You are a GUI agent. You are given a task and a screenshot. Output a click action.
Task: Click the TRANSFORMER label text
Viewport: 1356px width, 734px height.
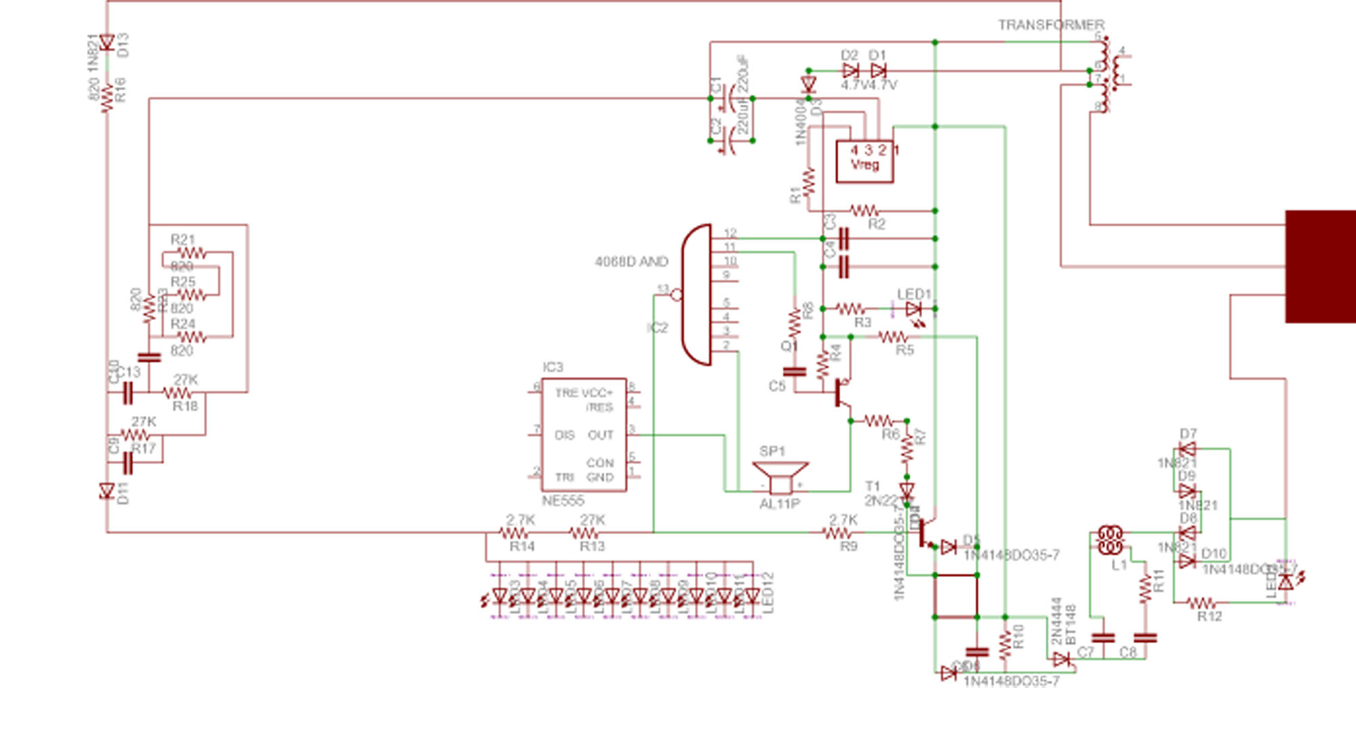(x=1050, y=25)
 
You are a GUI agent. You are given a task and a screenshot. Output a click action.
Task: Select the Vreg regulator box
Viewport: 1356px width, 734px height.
(x=864, y=161)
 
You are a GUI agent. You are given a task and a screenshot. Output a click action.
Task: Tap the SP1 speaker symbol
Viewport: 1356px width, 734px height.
(x=780, y=476)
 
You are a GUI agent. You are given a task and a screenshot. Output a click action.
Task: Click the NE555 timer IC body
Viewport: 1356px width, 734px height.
(x=583, y=434)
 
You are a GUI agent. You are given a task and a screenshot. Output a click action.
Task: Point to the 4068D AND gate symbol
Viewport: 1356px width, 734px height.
(x=697, y=295)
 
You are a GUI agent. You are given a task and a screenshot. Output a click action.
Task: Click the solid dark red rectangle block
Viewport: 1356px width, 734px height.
(x=1320, y=266)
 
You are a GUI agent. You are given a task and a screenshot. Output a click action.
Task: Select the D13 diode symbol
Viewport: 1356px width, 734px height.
(x=106, y=43)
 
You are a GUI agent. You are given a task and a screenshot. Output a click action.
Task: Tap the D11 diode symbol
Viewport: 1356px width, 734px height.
(x=106, y=491)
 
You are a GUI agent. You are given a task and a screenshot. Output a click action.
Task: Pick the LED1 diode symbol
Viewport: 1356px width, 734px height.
(x=913, y=309)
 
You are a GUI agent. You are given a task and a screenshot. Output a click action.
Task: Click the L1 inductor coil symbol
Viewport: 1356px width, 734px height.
(x=1110, y=540)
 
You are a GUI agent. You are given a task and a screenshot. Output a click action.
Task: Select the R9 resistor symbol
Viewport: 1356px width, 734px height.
(x=838, y=533)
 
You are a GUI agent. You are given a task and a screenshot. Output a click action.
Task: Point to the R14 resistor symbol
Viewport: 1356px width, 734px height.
(x=513, y=533)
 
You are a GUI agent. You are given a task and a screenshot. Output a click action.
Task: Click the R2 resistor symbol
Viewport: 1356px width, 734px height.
(x=864, y=211)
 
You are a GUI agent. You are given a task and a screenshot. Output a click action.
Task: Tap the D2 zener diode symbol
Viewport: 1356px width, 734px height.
(x=850, y=70)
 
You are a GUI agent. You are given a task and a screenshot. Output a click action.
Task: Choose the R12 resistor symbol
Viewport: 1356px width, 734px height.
(x=1201, y=603)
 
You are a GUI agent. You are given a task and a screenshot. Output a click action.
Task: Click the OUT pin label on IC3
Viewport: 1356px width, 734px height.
(x=600, y=435)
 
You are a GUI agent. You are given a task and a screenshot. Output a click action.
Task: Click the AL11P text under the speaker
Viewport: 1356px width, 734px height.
(x=780, y=504)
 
